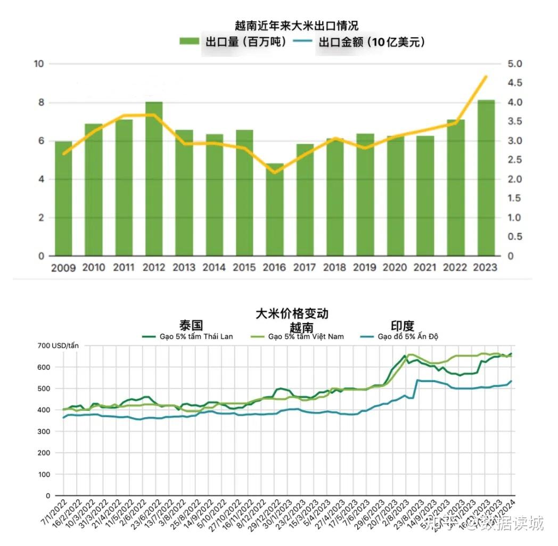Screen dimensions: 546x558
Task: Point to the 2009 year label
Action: tap(63, 268)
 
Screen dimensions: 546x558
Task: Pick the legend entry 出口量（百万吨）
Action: tap(235, 42)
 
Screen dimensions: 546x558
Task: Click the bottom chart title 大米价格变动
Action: tap(292, 313)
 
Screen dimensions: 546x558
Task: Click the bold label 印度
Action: tap(402, 326)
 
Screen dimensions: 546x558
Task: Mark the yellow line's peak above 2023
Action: tap(486, 77)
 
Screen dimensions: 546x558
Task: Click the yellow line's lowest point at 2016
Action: tap(275, 172)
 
